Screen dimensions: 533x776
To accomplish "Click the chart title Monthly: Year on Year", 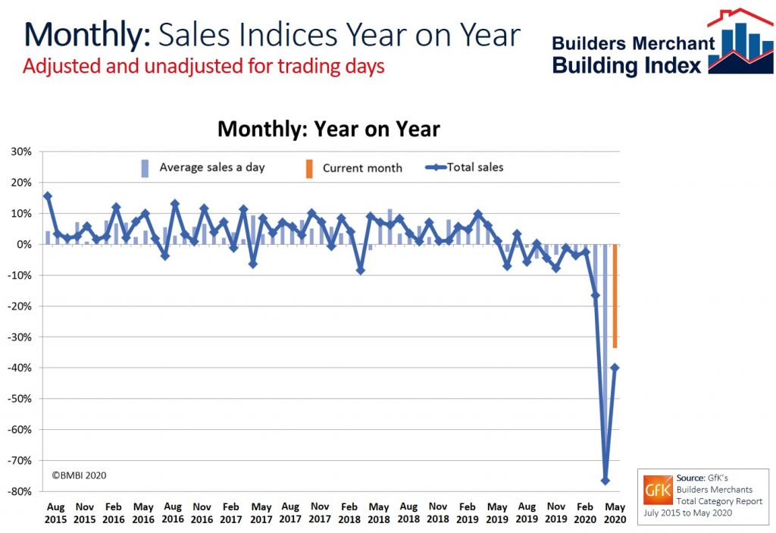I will (x=328, y=129).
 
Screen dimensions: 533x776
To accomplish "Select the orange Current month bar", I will (x=615, y=296).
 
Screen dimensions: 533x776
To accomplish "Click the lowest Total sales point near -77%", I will (x=605, y=481).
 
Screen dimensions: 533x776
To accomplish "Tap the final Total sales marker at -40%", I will (x=615, y=368).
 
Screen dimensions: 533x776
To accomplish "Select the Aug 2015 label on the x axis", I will (x=55, y=513).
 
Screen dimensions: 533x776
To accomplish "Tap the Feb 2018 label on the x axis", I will (x=349, y=513).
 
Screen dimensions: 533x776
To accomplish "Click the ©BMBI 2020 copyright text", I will (x=79, y=475).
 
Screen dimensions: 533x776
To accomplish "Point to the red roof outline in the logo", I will (x=739, y=17).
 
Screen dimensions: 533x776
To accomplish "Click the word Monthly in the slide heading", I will (x=87, y=36).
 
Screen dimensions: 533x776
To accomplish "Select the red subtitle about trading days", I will (x=203, y=66).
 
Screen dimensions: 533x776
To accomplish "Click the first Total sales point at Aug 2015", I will (x=48, y=196).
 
